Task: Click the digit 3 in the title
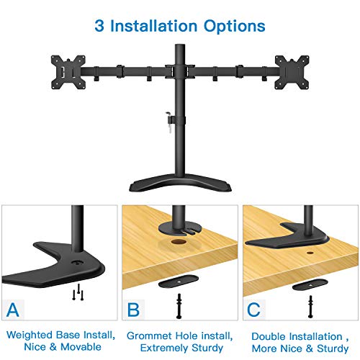coord(99,26)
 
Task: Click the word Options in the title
coord(235,27)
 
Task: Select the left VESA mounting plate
coord(68,72)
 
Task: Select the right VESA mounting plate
coord(292,72)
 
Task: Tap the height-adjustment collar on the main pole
coord(180,121)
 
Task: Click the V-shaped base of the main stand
coord(180,185)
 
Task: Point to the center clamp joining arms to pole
coord(180,71)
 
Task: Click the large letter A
coord(13,310)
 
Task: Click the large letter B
coord(133,310)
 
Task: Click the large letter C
coord(253,310)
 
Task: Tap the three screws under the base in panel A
coord(78,292)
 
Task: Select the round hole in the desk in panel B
coord(179,241)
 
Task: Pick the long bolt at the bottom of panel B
coord(179,306)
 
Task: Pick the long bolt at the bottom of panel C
coord(310,307)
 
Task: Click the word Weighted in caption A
coord(30,336)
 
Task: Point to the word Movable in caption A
coord(81,347)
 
